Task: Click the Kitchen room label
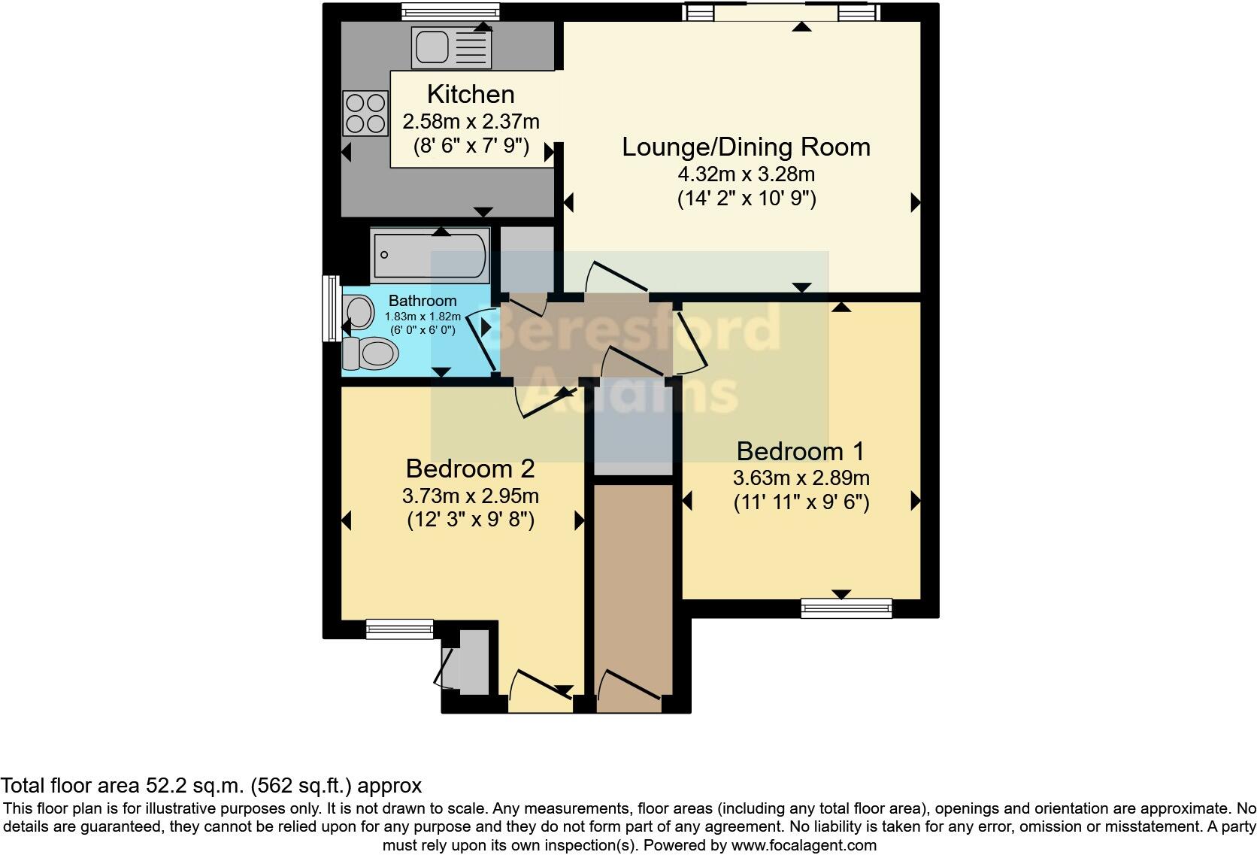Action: (471, 94)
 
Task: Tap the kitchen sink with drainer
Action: (451, 47)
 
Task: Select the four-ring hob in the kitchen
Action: (366, 113)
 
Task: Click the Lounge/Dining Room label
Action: (746, 147)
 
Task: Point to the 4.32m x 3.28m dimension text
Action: (747, 174)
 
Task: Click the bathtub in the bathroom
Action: (430, 256)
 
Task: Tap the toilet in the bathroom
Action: (370, 353)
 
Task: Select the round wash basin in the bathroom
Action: (359, 312)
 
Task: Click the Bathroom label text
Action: (423, 301)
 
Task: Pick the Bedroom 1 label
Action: (800, 451)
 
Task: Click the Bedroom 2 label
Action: (471, 468)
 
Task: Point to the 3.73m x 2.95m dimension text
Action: (471, 496)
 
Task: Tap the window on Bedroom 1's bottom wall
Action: (847, 608)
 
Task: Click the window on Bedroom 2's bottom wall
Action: (399, 629)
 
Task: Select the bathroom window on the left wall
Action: (331, 308)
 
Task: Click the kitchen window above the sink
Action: (450, 12)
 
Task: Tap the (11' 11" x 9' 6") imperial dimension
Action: (801, 502)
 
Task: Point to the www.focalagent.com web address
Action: (804, 845)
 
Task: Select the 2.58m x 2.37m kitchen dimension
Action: (471, 121)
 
